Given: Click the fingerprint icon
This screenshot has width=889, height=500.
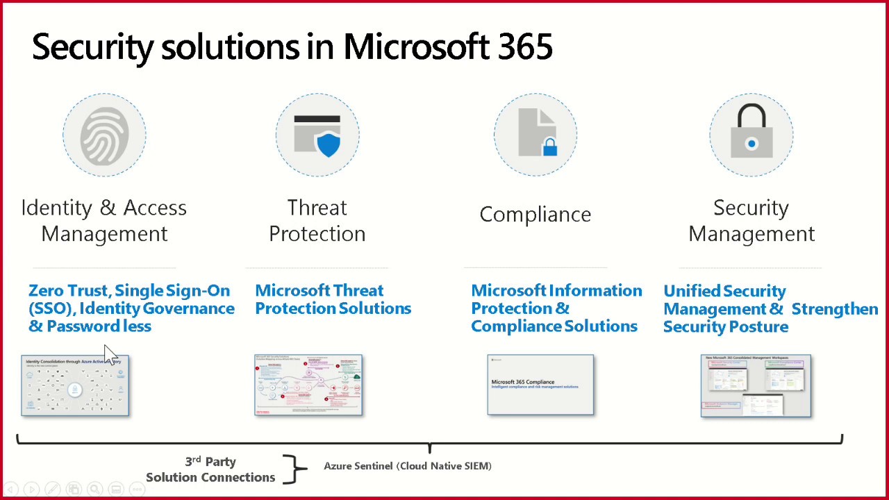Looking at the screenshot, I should (x=104, y=135).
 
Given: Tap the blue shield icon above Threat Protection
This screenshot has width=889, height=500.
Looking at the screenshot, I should (x=328, y=144).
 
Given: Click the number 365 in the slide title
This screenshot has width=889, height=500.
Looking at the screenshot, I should (x=526, y=47).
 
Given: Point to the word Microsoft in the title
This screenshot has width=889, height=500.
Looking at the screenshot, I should (x=417, y=47).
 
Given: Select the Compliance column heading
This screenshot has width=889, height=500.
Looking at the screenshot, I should (x=535, y=215).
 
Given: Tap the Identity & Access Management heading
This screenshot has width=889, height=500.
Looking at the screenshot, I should (x=104, y=221).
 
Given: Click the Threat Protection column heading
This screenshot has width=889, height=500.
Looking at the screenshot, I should (x=317, y=221).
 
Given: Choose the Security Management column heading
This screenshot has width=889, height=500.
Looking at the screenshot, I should (x=751, y=221).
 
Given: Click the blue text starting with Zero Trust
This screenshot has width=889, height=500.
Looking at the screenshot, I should (x=131, y=308).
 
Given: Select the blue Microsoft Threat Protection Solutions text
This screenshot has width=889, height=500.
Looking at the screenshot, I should (x=333, y=299).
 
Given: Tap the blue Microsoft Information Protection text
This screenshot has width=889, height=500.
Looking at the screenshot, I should (x=556, y=308).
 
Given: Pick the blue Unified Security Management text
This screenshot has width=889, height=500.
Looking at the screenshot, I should (x=770, y=309).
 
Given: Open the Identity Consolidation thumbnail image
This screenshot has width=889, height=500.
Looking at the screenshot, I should (x=75, y=385).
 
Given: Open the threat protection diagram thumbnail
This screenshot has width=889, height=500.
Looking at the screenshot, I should (x=308, y=385).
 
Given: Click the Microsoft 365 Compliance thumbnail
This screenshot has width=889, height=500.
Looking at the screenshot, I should (x=540, y=385).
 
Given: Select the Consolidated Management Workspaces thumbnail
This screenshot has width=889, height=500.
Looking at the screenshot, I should (x=756, y=385).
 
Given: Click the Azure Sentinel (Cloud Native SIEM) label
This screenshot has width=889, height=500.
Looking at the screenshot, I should (x=408, y=466).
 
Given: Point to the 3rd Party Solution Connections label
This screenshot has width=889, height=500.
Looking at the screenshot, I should (x=210, y=469).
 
